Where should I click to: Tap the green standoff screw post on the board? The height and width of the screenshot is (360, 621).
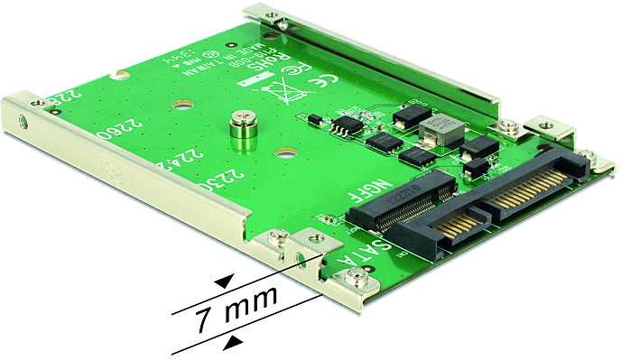point(242,130)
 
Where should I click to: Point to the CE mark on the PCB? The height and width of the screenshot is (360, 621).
point(319,87)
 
